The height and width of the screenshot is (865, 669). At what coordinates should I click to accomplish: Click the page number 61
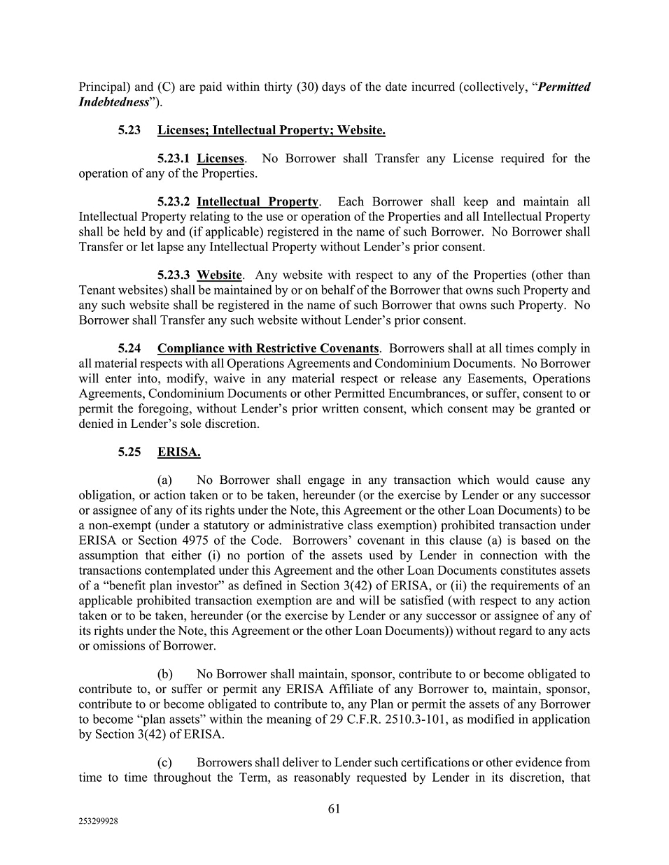point(334,809)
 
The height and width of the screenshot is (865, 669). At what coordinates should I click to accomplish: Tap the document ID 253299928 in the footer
point(98,822)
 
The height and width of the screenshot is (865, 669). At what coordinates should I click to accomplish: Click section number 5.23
point(129,130)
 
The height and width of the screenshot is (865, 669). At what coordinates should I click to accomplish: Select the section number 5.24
point(129,348)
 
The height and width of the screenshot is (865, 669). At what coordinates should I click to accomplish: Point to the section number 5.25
point(129,452)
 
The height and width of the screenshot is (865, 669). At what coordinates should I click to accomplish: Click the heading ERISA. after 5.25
point(178,452)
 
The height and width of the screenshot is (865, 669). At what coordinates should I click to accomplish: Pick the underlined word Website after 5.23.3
point(219,275)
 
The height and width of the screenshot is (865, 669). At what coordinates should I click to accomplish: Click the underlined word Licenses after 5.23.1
point(220,158)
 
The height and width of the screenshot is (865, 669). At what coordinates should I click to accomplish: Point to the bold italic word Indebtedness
point(113,102)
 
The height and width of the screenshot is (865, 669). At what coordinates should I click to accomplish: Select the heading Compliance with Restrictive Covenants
point(268,348)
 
